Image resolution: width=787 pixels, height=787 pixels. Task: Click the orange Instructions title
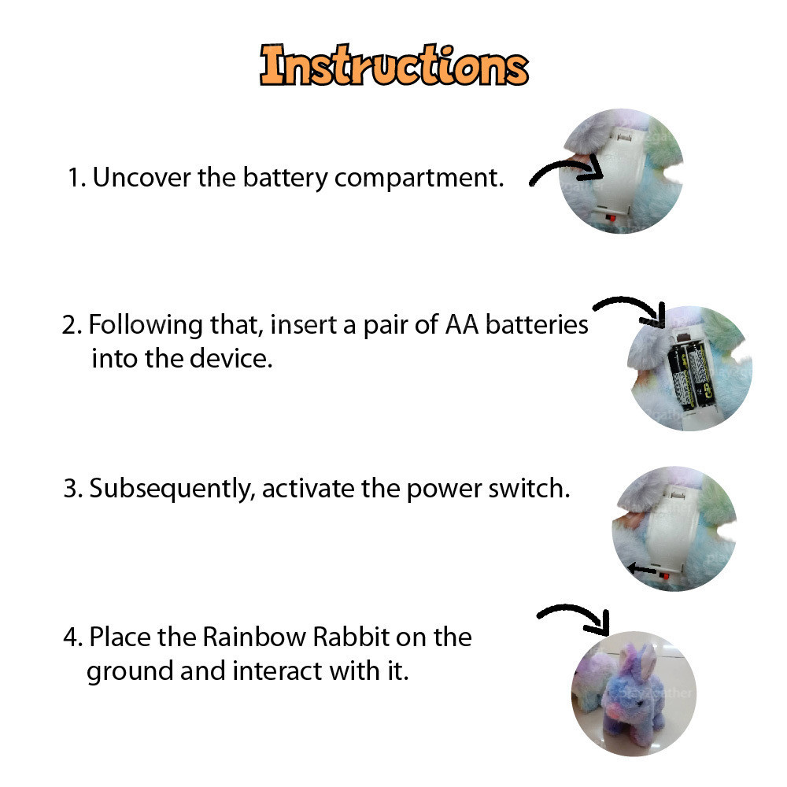pyautogui.click(x=394, y=65)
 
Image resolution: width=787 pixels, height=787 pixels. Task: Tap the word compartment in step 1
pyautogui.click(x=419, y=179)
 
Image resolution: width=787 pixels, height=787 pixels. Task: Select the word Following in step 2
pyautogui.click(x=146, y=326)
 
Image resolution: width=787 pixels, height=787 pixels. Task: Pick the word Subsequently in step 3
pyautogui.click(x=172, y=490)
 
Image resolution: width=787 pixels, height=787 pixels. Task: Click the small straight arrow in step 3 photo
pyautogui.click(x=642, y=569)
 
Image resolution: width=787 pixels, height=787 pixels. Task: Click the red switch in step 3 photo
pyautogui.click(x=664, y=575)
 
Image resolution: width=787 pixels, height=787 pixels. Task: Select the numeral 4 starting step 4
pyautogui.click(x=70, y=637)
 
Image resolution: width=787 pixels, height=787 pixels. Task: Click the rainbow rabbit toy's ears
pyautogui.click(x=637, y=658)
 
